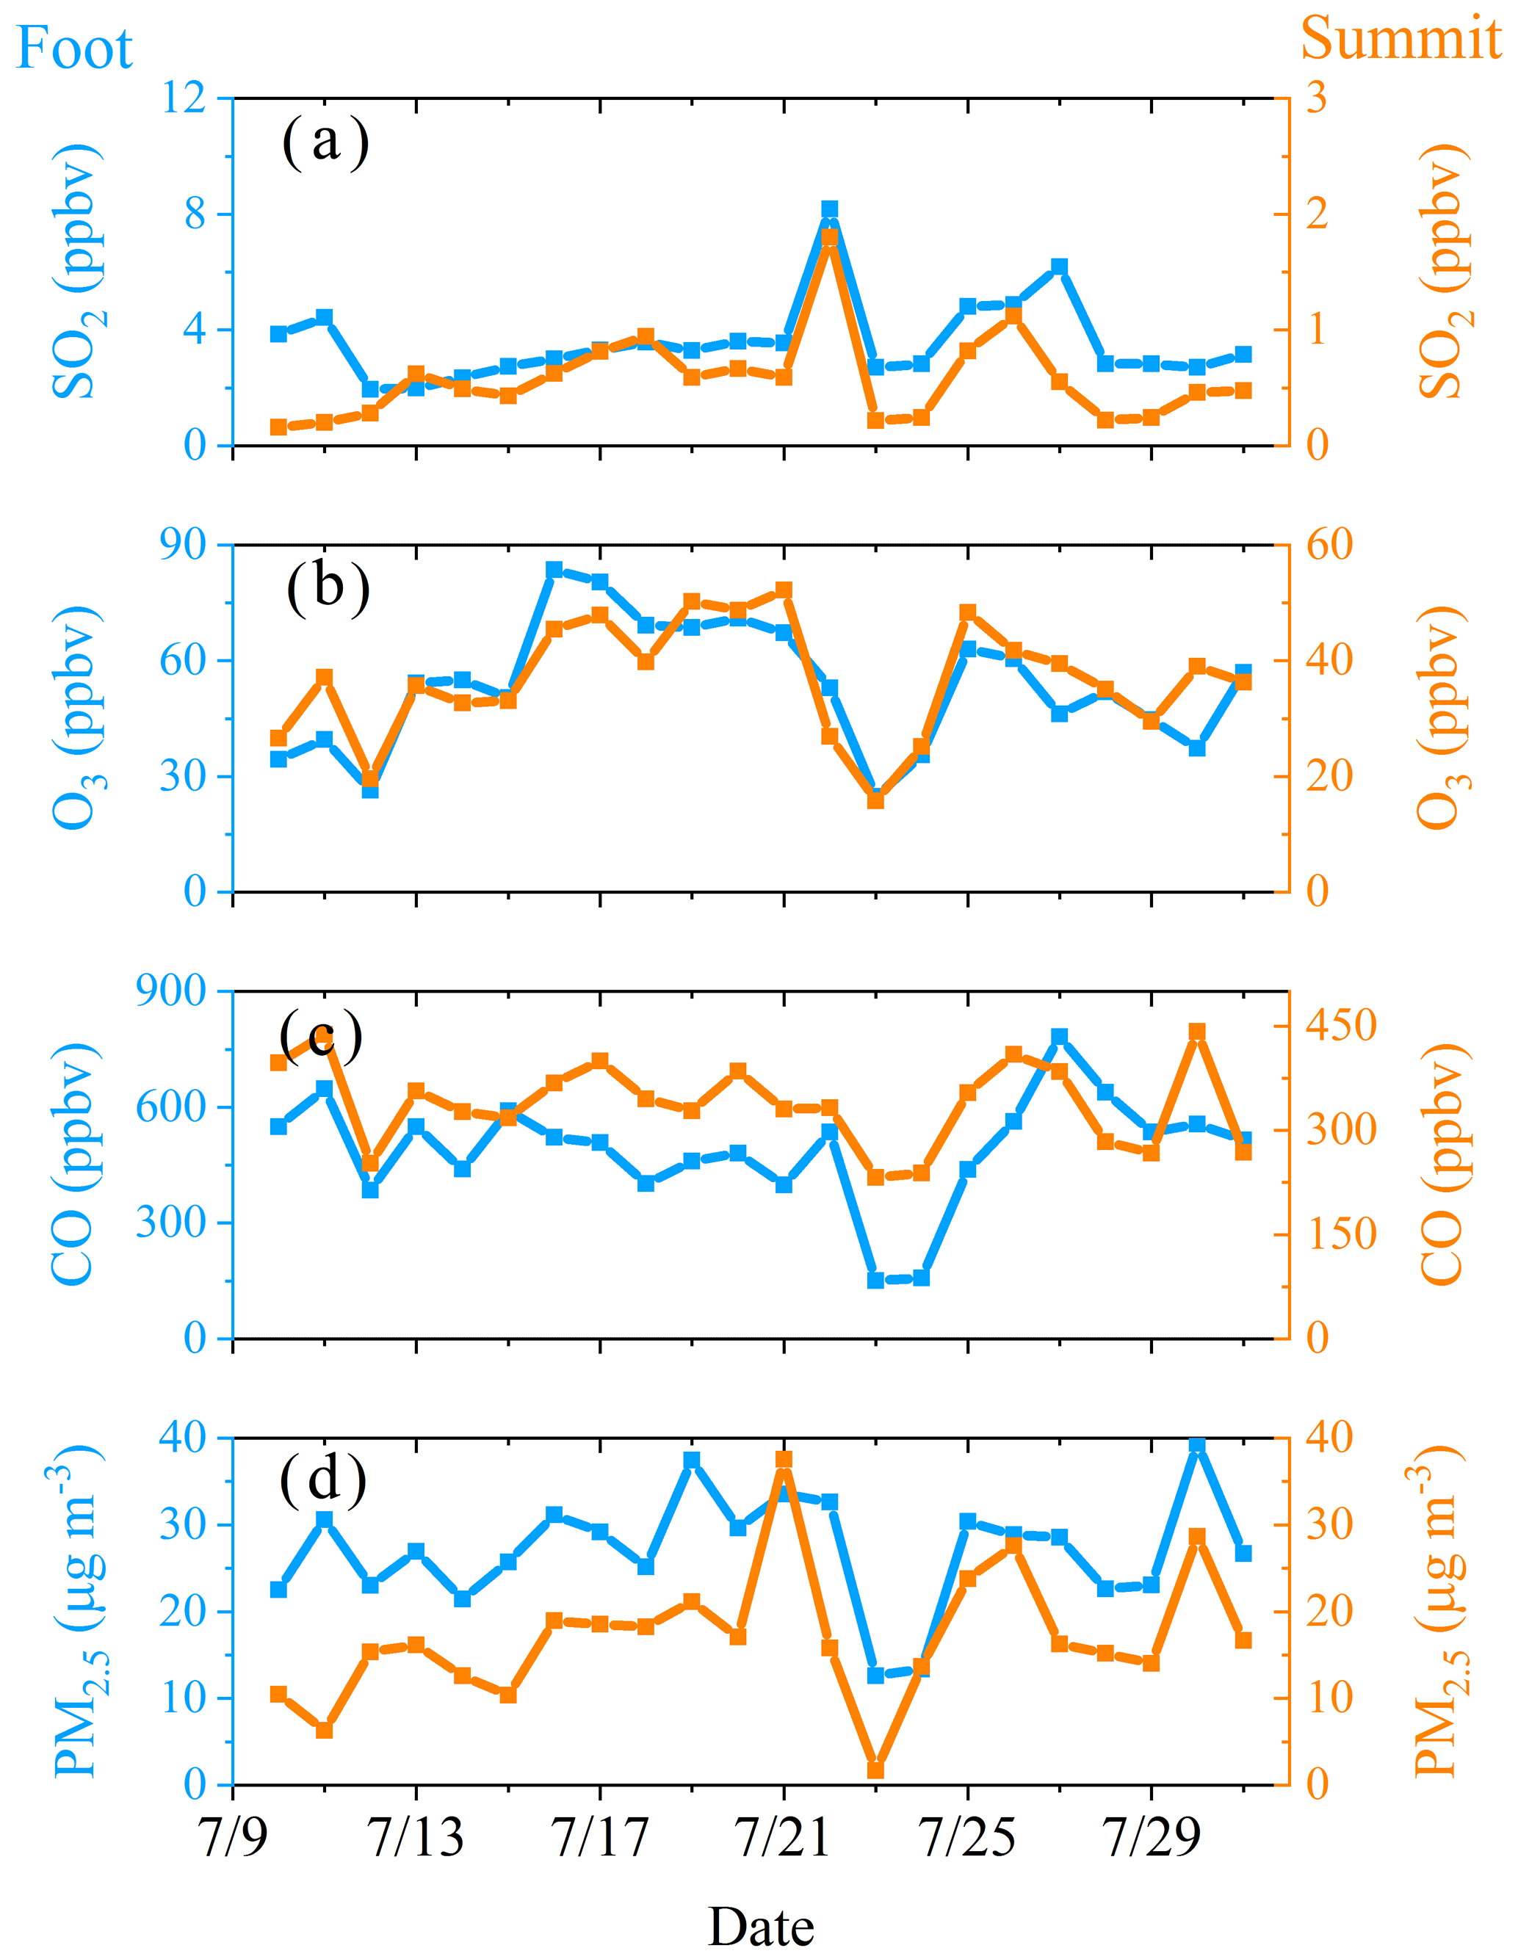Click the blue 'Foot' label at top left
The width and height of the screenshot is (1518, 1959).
click(x=74, y=48)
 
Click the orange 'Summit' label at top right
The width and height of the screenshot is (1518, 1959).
click(x=1400, y=40)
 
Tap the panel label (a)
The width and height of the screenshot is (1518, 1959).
click(x=325, y=142)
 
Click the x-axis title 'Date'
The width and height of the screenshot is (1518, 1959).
click(x=761, y=1926)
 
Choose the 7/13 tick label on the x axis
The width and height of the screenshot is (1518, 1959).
click(x=416, y=1838)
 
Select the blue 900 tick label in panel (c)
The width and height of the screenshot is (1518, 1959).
click(x=170, y=991)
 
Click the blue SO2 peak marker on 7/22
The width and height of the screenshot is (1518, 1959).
click(x=830, y=210)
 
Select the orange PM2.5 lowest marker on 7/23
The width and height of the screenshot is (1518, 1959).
click(x=875, y=1770)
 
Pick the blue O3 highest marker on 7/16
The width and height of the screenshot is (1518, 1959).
click(x=554, y=570)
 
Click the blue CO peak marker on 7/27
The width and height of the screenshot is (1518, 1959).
click(x=1060, y=1037)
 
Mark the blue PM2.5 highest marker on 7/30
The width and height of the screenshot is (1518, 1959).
click(x=1197, y=1444)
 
